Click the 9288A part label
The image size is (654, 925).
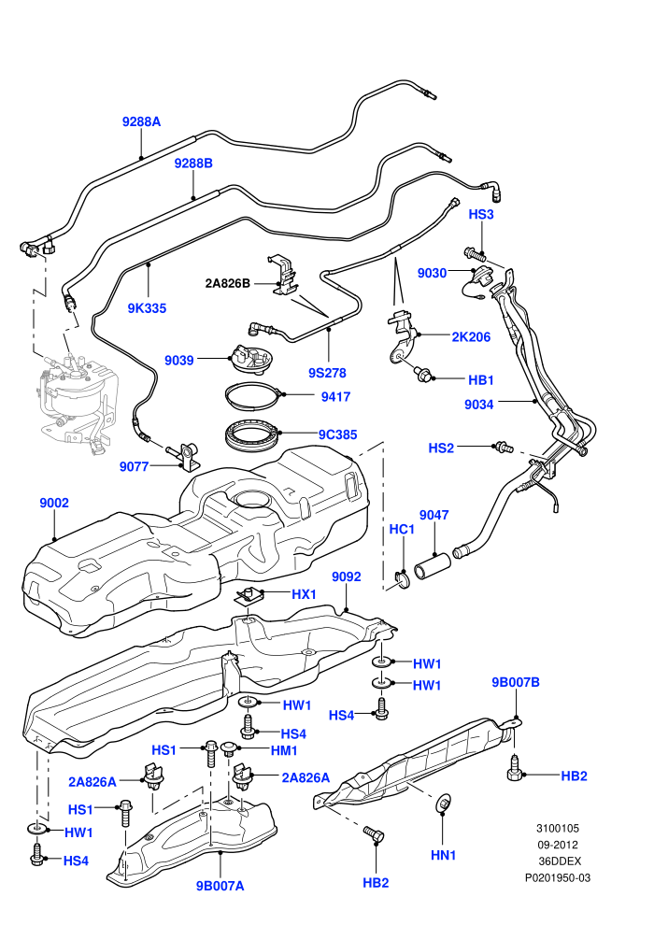click(141, 122)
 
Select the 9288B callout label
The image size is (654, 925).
click(193, 164)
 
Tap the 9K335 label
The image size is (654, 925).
click(147, 308)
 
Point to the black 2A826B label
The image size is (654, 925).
click(228, 283)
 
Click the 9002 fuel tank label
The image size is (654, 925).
click(54, 503)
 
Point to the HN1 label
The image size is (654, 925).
click(443, 855)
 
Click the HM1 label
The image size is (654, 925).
click(284, 750)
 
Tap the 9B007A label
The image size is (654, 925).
click(220, 886)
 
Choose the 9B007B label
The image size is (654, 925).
click(516, 682)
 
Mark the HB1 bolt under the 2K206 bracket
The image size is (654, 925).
click(423, 374)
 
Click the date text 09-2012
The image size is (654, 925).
click(557, 845)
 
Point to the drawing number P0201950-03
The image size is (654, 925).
click(558, 877)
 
